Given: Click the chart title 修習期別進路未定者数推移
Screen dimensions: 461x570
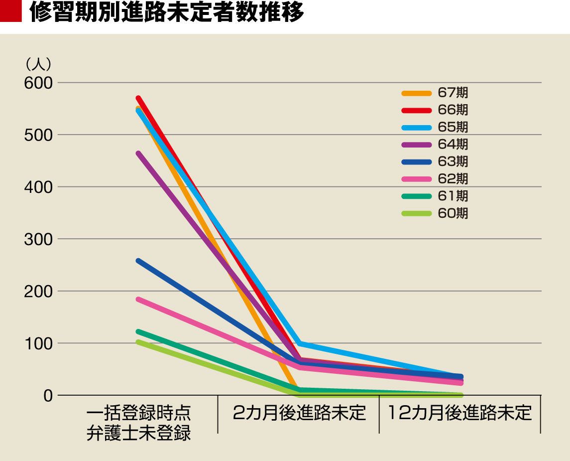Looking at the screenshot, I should click(x=166, y=14).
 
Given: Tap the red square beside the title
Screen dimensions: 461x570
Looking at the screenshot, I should click(x=10, y=13).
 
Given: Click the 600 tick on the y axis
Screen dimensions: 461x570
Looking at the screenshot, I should click(x=38, y=83).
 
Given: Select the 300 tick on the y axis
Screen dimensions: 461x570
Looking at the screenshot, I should click(x=38, y=239).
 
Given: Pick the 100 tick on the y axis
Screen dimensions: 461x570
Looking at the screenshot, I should click(x=38, y=343).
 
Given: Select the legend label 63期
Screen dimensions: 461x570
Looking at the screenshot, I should click(x=453, y=161).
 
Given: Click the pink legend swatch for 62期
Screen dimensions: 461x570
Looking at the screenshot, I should click(x=416, y=179).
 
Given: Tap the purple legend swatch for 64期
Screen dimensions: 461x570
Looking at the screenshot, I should click(x=416, y=145).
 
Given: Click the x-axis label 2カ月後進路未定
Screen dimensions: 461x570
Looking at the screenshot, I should click(x=299, y=413).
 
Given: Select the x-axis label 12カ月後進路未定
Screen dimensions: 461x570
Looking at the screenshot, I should click(x=459, y=413).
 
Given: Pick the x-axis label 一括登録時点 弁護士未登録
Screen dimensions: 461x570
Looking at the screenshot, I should click(x=138, y=423).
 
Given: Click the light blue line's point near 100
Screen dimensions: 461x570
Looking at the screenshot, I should click(x=299, y=344).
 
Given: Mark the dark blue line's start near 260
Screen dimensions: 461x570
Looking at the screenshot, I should click(x=138, y=260).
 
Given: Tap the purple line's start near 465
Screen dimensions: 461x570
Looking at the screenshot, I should click(x=138, y=153).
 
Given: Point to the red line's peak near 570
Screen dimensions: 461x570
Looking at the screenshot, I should click(x=138, y=98).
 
